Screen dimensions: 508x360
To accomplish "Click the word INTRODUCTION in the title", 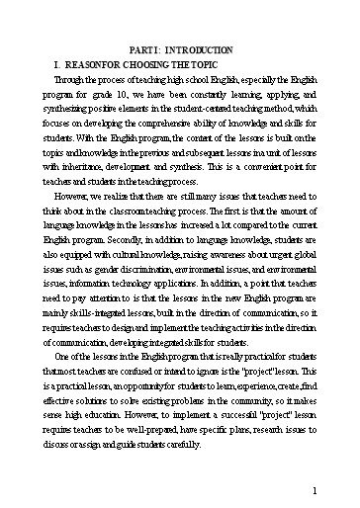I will point(203,48).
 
